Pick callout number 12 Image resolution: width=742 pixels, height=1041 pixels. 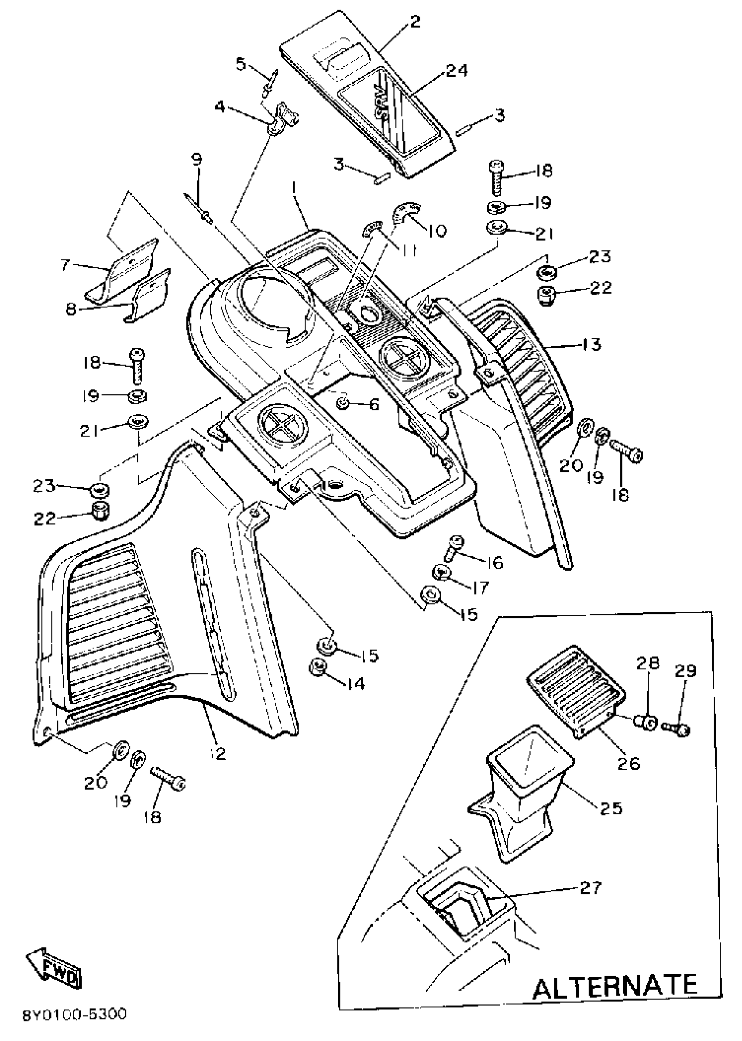click(219, 754)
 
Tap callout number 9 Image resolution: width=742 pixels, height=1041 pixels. click(196, 160)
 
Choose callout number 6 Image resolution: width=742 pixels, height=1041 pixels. click(374, 405)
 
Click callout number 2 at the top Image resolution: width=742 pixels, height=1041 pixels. click(416, 22)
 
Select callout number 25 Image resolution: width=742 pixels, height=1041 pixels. click(612, 809)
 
